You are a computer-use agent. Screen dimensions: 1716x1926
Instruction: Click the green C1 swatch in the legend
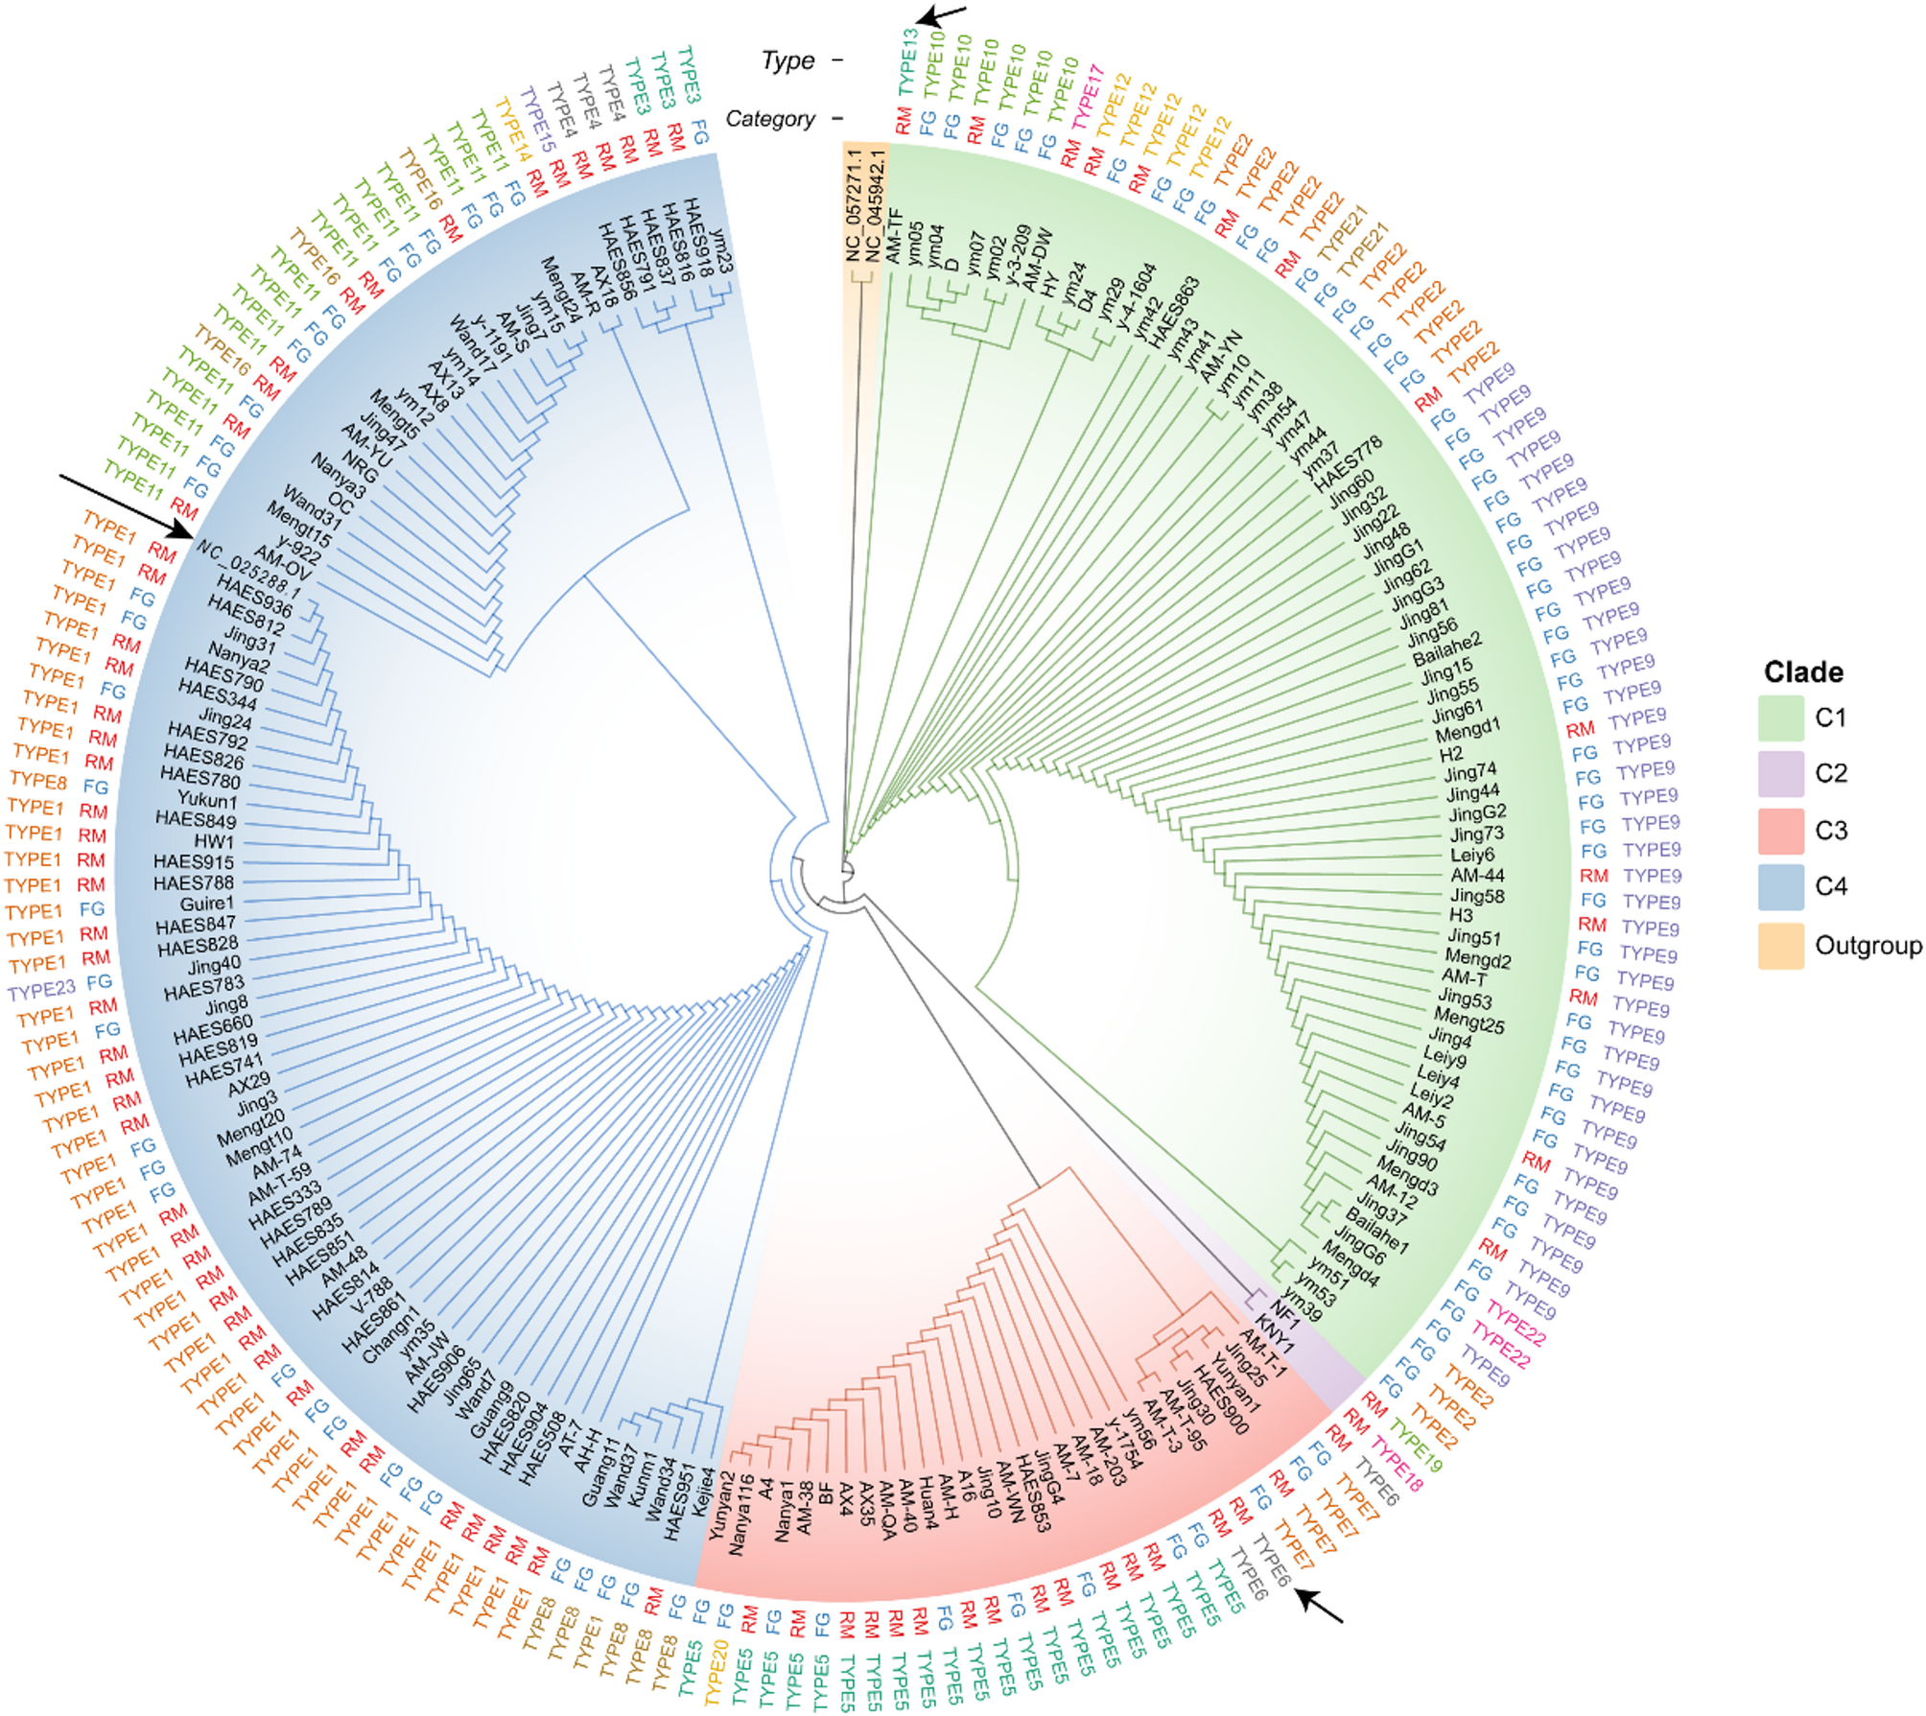click(1780, 717)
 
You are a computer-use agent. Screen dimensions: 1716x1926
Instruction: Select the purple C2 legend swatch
click(1780, 774)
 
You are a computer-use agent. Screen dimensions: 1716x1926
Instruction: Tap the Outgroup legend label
click(1867, 946)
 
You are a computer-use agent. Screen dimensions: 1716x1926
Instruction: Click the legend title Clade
click(1803, 671)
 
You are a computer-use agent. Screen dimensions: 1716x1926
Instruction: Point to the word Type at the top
click(787, 61)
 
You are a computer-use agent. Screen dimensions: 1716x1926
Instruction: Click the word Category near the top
click(770, 119)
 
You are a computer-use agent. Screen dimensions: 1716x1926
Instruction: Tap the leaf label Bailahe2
click(1446, 649)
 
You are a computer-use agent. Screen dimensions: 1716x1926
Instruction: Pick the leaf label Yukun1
click(207, 799)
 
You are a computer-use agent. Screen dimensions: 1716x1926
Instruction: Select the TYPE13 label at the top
click(907, 62)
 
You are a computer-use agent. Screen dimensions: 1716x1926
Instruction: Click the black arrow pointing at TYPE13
click(941, 14)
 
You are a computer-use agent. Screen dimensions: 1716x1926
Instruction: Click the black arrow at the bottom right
click(1319, 1606)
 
